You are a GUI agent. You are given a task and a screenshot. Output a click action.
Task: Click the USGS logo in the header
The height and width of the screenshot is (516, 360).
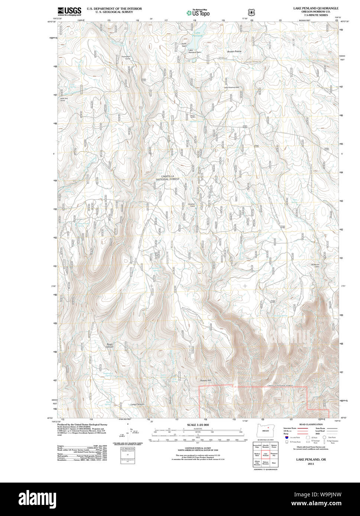pos(69,12)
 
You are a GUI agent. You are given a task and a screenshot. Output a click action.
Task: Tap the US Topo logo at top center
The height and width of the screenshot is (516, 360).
pos(198,13)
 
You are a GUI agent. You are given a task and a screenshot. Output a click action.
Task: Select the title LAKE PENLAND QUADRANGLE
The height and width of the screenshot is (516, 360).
pos(316,8)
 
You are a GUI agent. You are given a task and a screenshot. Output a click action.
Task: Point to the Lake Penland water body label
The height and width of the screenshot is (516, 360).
pos(198,34)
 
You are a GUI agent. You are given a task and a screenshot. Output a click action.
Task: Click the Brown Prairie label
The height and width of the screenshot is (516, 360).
pos(234,52)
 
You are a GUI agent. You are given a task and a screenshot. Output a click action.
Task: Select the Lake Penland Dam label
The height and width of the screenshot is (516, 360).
pos(194,51)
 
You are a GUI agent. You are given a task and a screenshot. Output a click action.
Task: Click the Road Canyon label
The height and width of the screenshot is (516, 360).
pos(110,345)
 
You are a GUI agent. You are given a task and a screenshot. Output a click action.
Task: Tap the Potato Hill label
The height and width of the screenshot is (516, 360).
pos(205,381)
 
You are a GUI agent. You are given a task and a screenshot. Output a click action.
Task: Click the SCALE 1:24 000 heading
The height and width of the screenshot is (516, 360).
pos(198,425)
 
